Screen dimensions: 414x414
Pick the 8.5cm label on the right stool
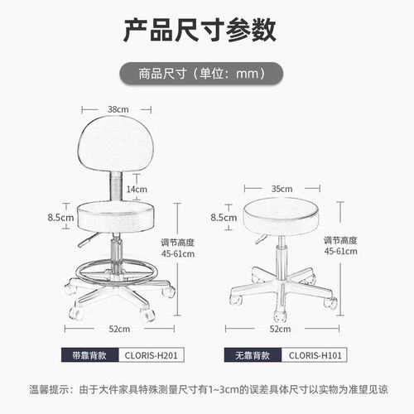(x=224, y=219)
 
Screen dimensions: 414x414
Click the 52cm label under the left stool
(x=119, y=329)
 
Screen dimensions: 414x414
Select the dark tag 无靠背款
(x=252, y=356)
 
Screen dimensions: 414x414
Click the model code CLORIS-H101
(x=315, y=356)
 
